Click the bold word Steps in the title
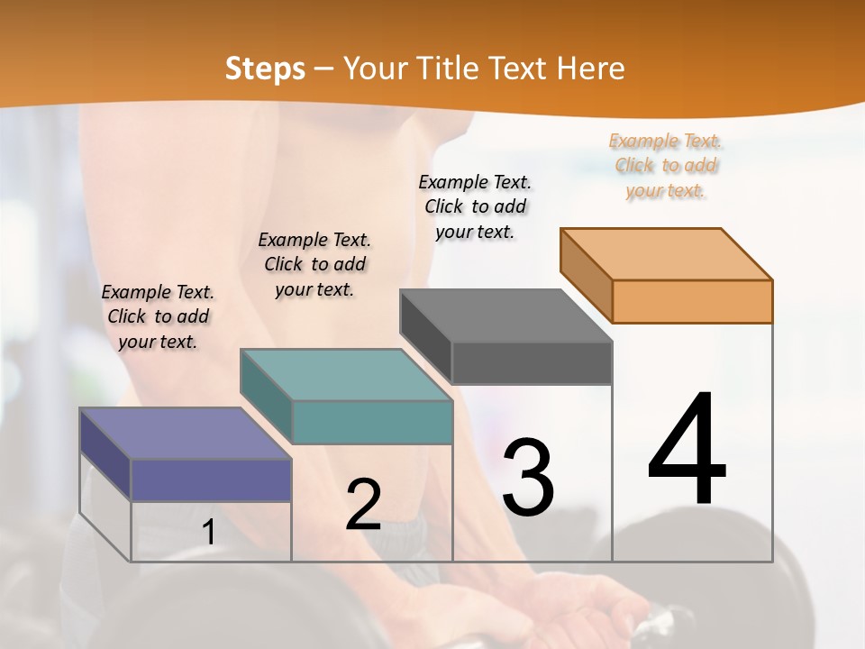click(x=265, y=69)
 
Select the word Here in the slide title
click(x=590, y=69)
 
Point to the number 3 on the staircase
click(x=528, y=478)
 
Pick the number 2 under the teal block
click(x=363, y=505)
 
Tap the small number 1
click(x=208, y=533)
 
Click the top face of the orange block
click(x=667, y=253)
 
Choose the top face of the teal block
click(x=346, y=375)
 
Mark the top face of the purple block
click(x=186, y=434)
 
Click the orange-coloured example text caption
click(x=666, y=166)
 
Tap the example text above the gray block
click(x=475, y=206)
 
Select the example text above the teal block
click(x=314, y=264)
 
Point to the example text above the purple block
click(x=158, y=316)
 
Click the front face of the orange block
click(x=692, y=301)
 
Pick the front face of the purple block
click(x=211, y=480)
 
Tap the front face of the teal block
click(x=372, y=422)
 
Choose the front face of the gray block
click(x=532, y=362)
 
